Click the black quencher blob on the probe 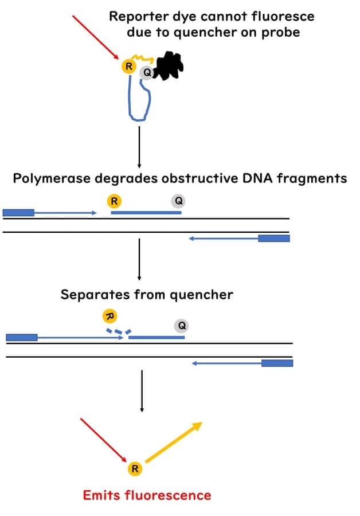click(168, 67)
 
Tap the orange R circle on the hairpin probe click(128, 66)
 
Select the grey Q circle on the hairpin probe click(147, 73)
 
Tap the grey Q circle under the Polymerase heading click(178, 201)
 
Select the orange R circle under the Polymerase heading click(115, 201)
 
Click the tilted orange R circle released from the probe click(109, 316)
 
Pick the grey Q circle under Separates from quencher click(182, 326)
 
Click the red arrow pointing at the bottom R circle click(103, 440)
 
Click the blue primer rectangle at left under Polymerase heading click(18, 213)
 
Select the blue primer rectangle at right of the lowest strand click(277, 363)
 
